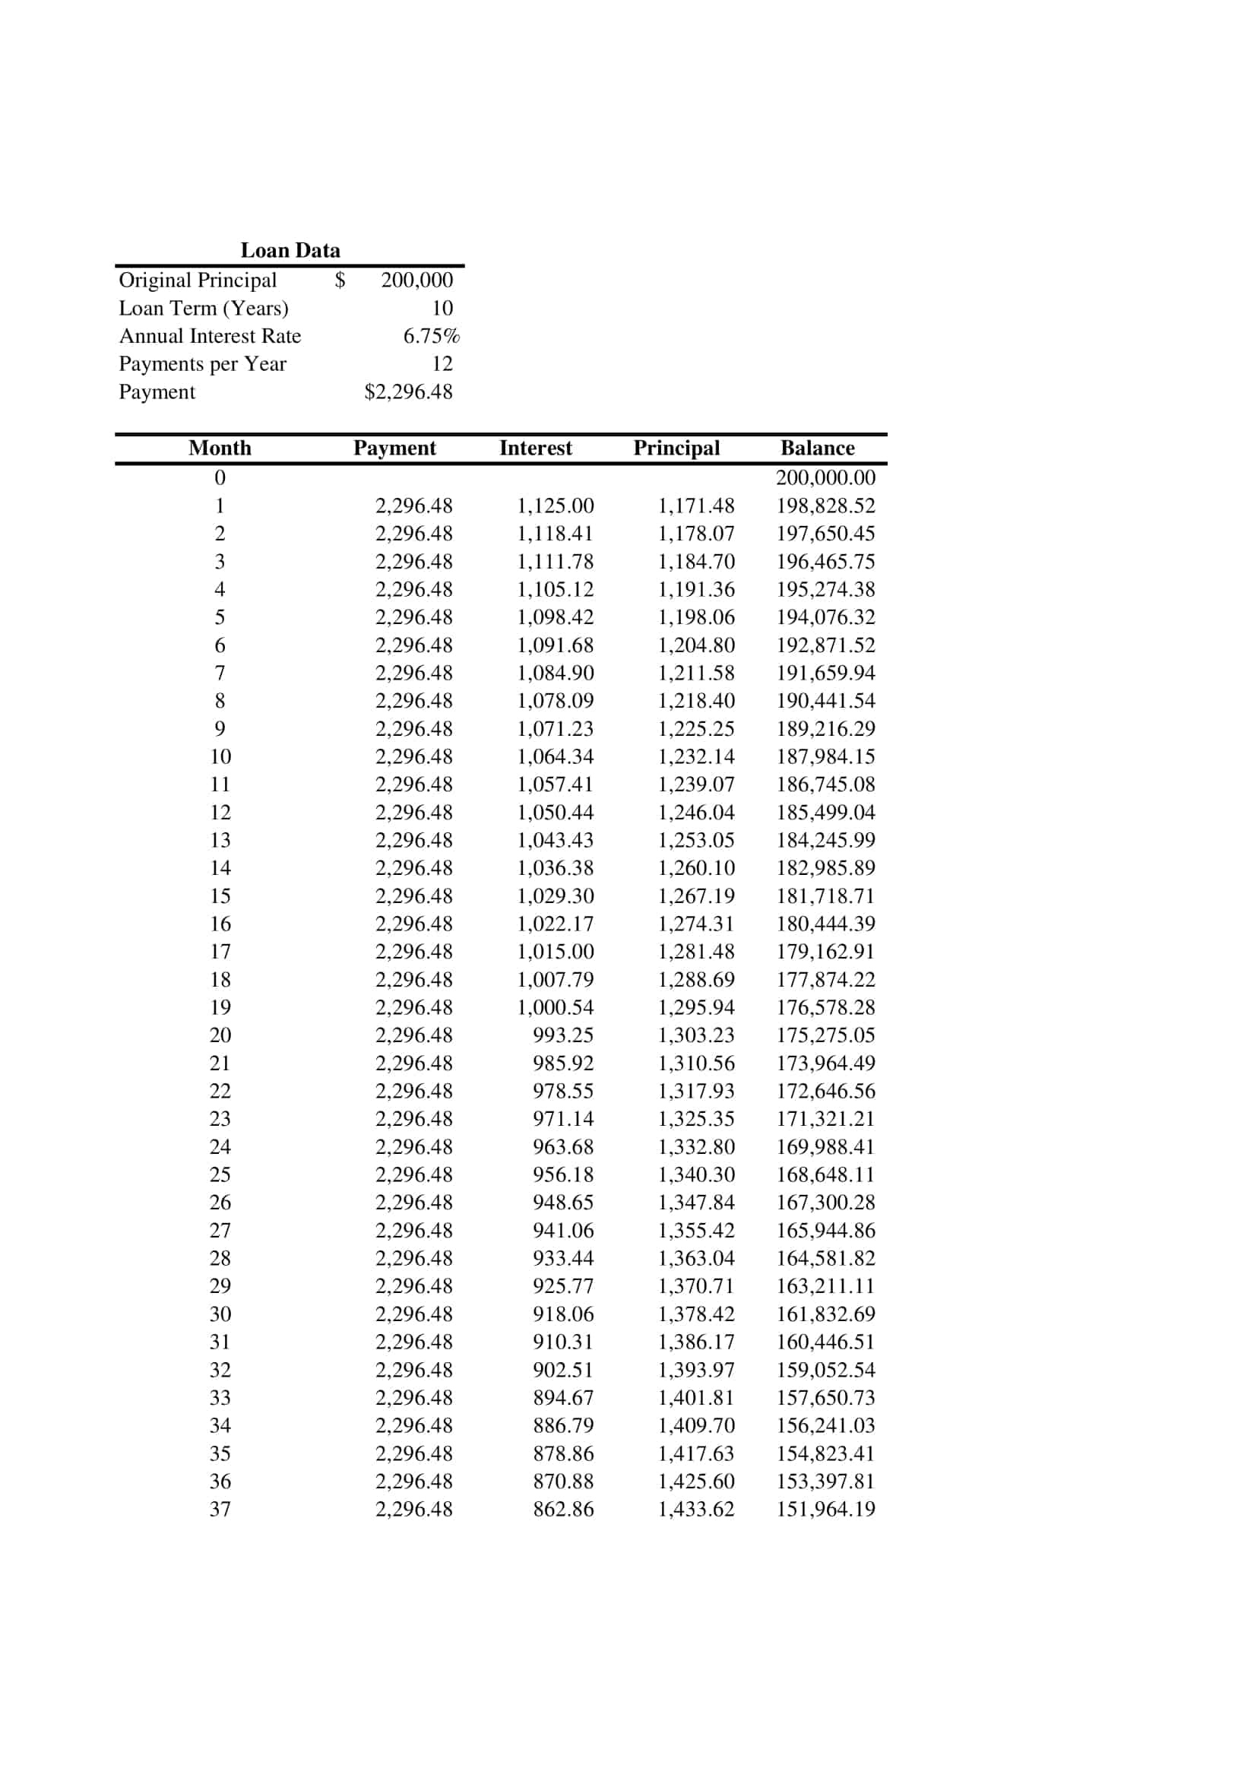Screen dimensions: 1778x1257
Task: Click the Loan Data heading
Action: (290, 250)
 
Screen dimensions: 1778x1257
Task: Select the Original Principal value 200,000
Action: (416, 280)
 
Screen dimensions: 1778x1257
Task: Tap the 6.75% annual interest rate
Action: (431, 336)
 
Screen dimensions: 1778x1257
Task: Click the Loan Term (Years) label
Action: (204, 308)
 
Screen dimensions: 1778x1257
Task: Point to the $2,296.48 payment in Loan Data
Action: (408, 391)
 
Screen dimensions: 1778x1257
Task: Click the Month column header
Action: (220, 448)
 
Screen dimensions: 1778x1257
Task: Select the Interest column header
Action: (536, 448)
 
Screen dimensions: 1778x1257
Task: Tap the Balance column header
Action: (818, 448)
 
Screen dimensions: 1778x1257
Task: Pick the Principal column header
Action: (676, 448)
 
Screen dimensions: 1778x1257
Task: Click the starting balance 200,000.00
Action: (826, 478)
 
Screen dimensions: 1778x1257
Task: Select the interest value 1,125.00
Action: (555, 506)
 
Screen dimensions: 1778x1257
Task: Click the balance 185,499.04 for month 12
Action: (826, 813)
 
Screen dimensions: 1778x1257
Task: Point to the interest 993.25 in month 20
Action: (562, 1035)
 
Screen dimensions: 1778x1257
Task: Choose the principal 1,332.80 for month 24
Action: (696, 1147)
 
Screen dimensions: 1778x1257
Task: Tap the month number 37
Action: (220, 1510)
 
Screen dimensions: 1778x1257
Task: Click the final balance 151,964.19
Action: (826, 1510)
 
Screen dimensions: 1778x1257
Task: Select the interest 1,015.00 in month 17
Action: (555, 952)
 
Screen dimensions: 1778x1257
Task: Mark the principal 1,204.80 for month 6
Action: (696, 645)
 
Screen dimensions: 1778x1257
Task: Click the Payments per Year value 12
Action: (442, 364)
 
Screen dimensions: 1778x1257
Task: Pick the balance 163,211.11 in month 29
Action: (826, 1286)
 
